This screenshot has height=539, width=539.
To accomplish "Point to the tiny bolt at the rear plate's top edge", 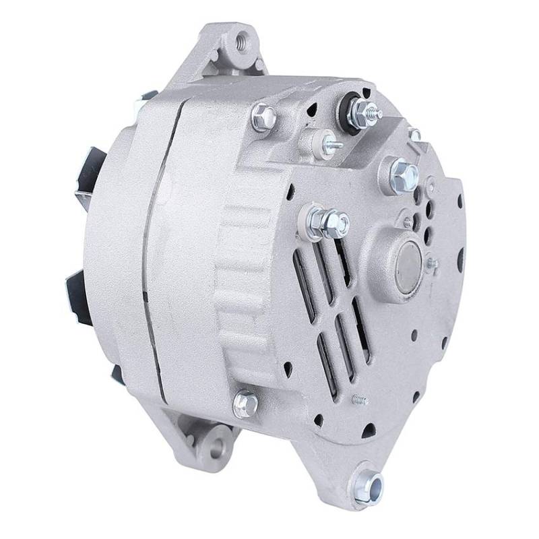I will click(x=416, y=135).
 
